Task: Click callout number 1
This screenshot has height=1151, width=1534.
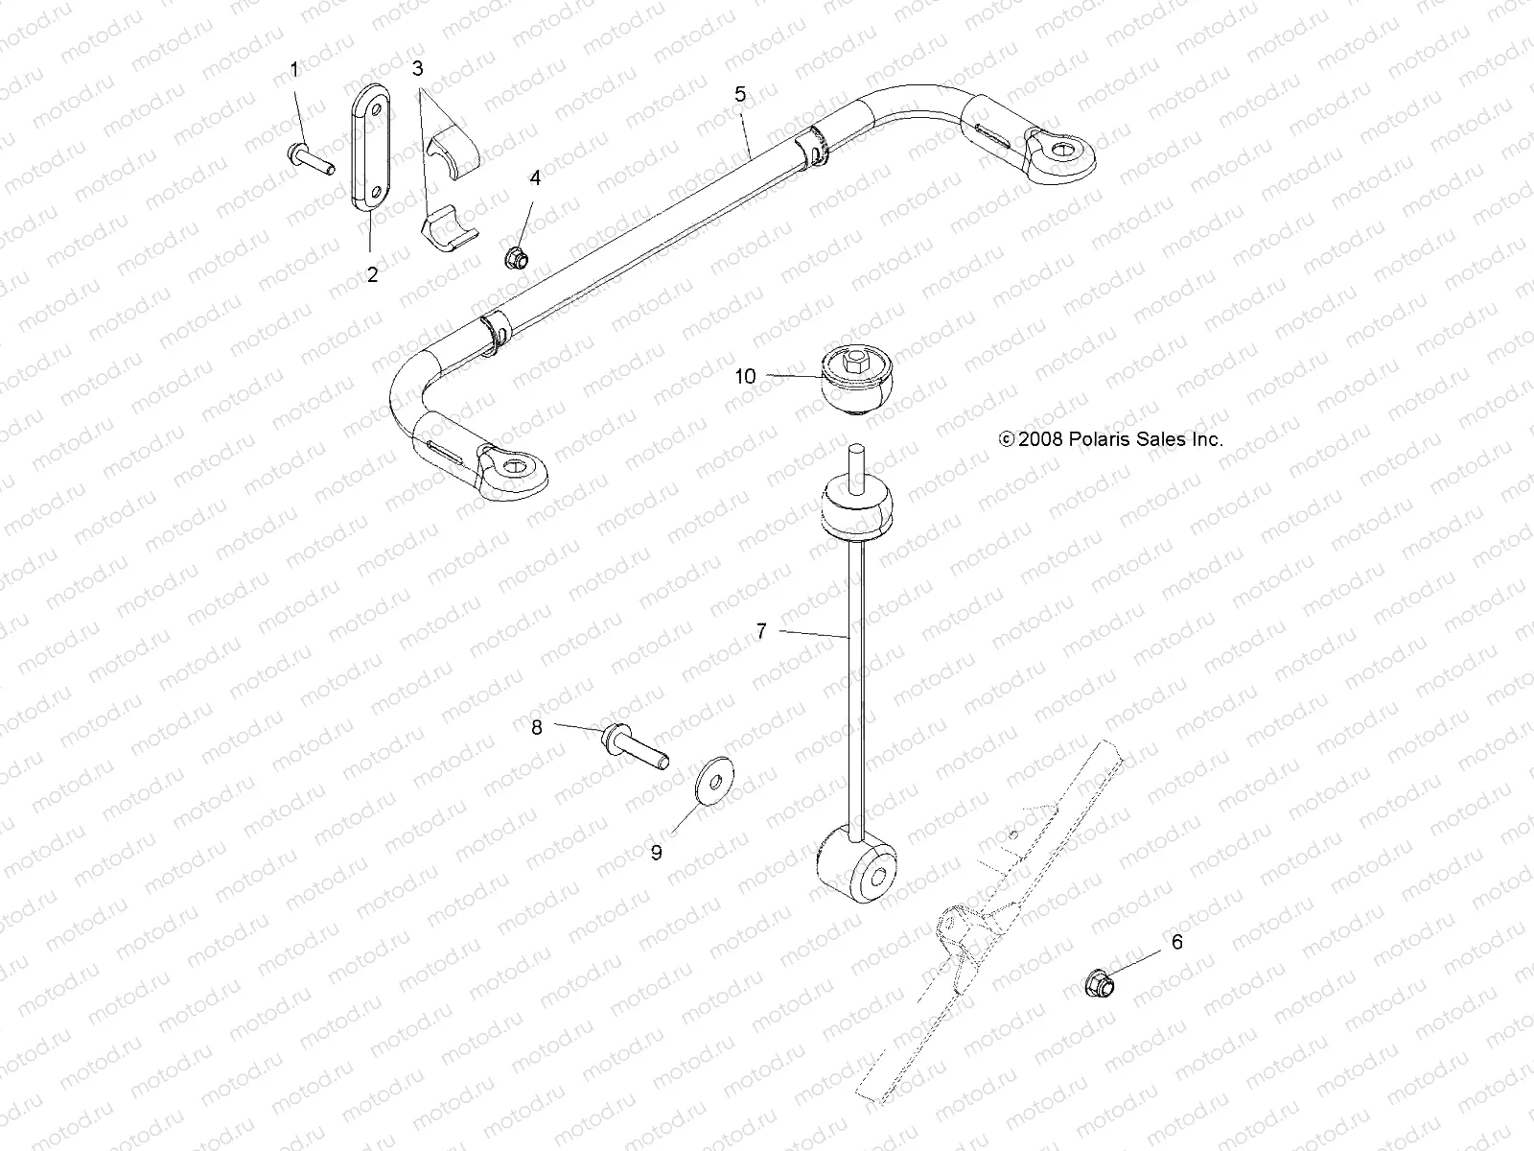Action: [x=294, y=70]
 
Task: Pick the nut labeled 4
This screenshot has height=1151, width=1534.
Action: [x=515, y=257]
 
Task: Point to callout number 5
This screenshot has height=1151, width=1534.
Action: [x=740, y=94]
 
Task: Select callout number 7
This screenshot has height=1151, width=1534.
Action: [x=761, y=631]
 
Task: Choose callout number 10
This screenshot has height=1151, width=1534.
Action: [x=745, y=377]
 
